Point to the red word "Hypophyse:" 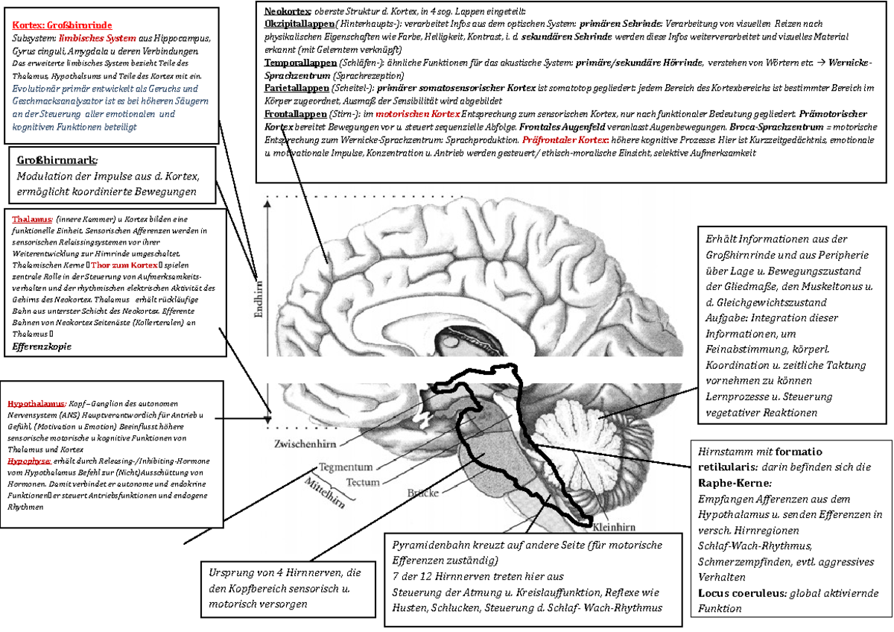pos(29,461)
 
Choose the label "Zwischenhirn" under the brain pos(303,444)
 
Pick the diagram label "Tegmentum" pos(346,467)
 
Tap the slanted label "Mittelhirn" pos(324,493)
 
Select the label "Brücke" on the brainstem pos(423,493)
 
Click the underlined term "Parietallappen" pos(295,89)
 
